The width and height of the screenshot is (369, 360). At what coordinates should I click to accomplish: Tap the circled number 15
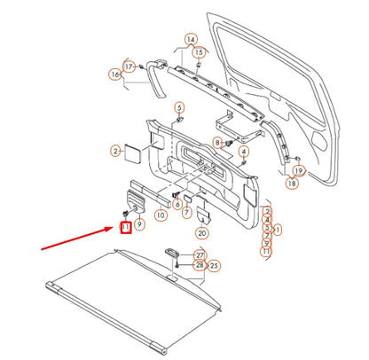pos(199,52)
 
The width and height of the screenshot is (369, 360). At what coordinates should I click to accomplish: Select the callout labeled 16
pos(115,74)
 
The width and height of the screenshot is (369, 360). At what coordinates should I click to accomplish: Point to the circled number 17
pos(129,67)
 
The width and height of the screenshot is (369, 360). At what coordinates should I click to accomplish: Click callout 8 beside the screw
pos(217,143)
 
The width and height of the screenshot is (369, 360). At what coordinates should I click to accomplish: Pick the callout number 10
pos(161,215)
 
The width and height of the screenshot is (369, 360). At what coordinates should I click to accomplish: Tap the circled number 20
pos(202,233)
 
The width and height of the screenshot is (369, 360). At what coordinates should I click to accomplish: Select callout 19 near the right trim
pos(299,170)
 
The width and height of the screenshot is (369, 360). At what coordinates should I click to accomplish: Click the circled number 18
pos(292,183)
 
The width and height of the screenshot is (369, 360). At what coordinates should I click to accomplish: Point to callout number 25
pos(215,265)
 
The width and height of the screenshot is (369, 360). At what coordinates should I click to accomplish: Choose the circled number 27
pos(200,255)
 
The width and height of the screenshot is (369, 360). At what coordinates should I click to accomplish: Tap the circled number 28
pos(200,265)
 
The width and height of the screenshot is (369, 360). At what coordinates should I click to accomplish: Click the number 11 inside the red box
pos(126,229)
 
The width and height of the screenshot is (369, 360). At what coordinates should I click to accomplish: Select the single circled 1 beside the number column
pos(279,229)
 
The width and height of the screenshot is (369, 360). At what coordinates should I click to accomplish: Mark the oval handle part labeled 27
pos(172,254)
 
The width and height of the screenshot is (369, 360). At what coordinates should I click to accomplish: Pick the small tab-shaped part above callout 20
pos(203,213)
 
